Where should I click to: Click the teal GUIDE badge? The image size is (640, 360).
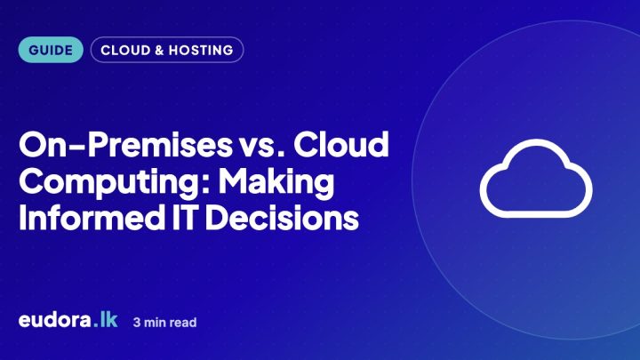51,50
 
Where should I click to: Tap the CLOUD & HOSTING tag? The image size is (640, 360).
167,50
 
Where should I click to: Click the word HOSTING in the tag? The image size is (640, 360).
201,50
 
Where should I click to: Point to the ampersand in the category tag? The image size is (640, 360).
159,50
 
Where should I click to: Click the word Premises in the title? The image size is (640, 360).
160,145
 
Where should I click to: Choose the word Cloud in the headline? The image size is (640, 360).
341,144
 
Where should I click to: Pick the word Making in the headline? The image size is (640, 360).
276,183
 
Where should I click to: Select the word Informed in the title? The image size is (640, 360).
92,217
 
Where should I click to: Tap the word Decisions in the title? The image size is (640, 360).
282,217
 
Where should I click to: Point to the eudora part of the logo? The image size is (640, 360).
55,319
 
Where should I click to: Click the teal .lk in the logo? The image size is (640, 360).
105,319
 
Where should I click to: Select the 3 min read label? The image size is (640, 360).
165,323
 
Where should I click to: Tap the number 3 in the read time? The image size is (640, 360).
137,323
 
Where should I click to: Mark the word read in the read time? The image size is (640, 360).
183,323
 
